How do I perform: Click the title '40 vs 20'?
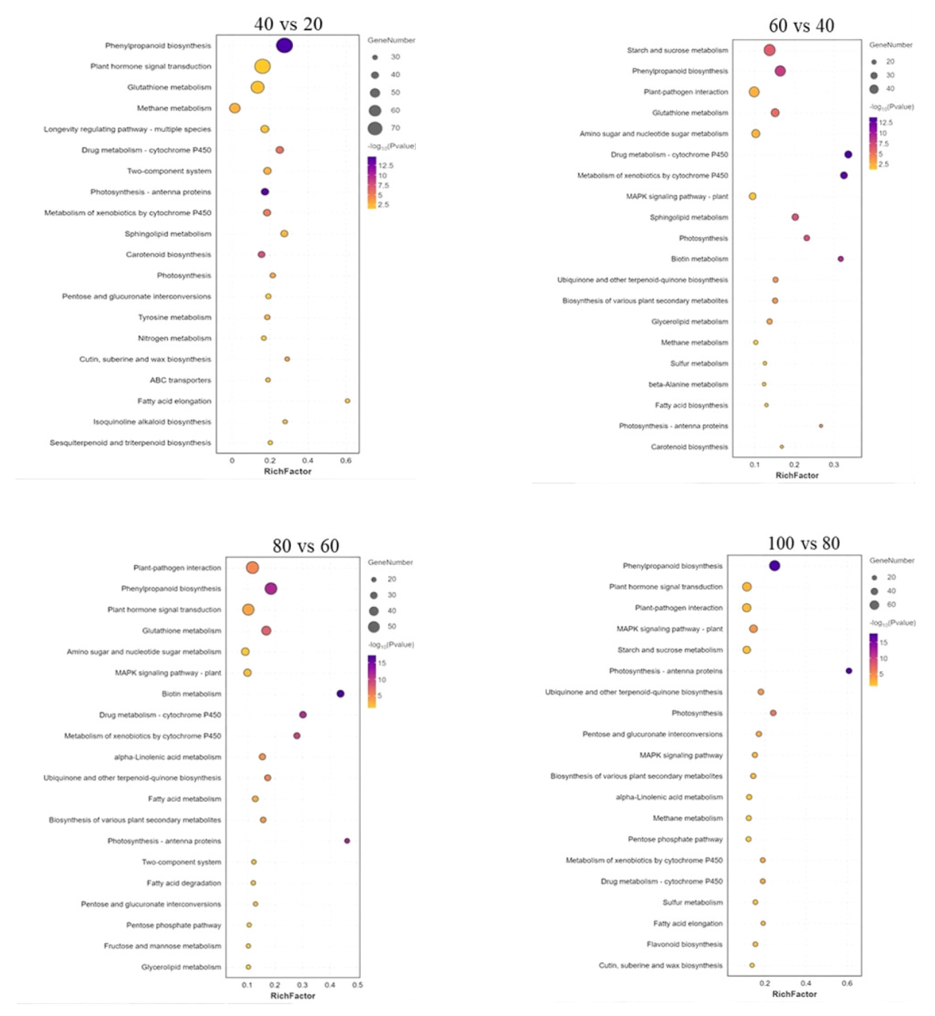coord(288,24)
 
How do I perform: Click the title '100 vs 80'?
coord(803,544)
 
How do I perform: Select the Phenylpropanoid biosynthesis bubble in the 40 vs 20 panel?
coord(284,46)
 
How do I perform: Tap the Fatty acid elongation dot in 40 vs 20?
coord(347,401)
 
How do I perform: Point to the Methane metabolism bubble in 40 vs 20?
coord(235,108)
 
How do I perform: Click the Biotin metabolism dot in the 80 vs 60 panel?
coord(340,694)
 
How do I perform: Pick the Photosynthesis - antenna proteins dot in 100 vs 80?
coord(849,671)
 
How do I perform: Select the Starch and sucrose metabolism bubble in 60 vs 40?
coord(769,50)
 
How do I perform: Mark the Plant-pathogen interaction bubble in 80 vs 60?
coord(253,568)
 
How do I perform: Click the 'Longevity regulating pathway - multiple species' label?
coord(127,129)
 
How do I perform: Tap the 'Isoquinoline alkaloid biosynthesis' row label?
coord(152,422)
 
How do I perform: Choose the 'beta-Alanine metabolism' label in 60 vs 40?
coord(688,385)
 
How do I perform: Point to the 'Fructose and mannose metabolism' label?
coord(162,946)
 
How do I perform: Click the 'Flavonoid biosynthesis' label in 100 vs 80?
coord(685,945)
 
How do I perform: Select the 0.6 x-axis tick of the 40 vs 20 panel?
coord(345,461)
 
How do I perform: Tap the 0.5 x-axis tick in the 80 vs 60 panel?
coord(357,985)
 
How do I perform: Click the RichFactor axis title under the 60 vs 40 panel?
coord(797,476)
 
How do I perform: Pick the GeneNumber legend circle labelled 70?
coord(375,129)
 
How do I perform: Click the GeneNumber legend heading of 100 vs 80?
coord(892,561)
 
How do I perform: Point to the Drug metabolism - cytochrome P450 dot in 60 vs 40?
coord(848,154)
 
